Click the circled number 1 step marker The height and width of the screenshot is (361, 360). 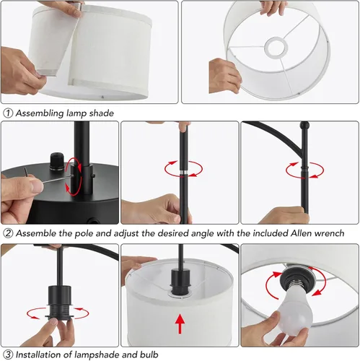pyautogui.click(x=7, y=113)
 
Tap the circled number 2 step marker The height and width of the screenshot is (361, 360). pyautogui.click(x=7, y=233)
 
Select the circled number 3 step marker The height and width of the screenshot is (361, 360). pyautogui.click(x=7, y=354)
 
